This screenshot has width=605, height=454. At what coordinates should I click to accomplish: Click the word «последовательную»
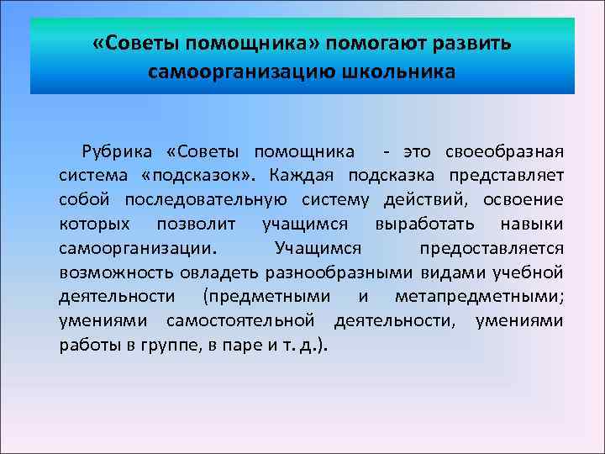(206, 200)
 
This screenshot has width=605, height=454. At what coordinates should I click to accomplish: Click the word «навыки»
(532, 224)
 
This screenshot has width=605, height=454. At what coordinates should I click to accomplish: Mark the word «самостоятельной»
(240, 320)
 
